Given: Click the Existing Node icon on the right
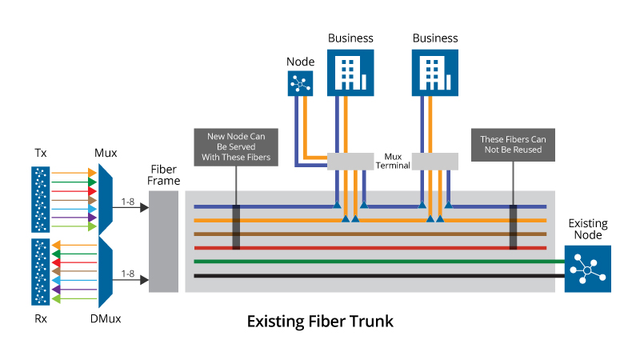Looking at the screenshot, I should pos(587,268).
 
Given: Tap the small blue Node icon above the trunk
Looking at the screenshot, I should pos(301,83).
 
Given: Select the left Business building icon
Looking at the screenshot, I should pos(350,72).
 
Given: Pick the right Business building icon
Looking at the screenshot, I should pos(435,72).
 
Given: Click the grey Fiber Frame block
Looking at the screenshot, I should pos(164,241).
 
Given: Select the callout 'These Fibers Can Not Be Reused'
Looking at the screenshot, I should pos(510,144).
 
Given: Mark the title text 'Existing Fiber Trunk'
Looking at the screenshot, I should pos(320,322).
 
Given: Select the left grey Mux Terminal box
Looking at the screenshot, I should pos(350,161).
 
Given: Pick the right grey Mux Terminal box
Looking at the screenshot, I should pos(435,161).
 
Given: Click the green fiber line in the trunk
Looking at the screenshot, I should pos(376,261).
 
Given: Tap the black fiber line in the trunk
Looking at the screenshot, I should pos(376,275).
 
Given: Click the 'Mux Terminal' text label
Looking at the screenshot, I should pos(394,161).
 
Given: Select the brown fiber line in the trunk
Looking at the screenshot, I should pos(376,234).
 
